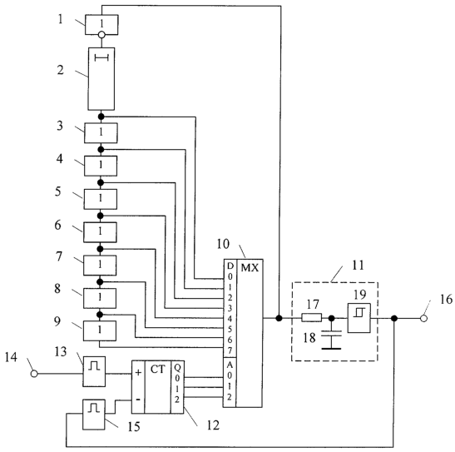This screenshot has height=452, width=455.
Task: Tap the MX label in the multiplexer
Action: coord(250,268)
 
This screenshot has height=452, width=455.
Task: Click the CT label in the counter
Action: coord(157,370)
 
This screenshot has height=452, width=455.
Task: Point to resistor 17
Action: coord(312,318)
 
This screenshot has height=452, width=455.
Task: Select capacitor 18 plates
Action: coord(331,333)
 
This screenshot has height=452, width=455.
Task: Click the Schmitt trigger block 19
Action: coord(359,318)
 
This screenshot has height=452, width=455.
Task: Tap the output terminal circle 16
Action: coord(423,319)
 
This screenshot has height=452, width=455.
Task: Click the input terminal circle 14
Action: coord(34,374)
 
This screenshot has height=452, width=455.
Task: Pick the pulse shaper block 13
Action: coord(94,371)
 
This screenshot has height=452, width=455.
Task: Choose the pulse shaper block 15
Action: coord(94,415)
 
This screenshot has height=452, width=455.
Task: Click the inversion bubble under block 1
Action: coord(101,35)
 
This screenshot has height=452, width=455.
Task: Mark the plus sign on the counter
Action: coord(138,372)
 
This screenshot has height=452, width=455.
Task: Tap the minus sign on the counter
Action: coord(138,400)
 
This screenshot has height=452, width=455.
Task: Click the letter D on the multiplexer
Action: coord(230,266)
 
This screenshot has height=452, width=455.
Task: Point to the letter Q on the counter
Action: coord(177,368)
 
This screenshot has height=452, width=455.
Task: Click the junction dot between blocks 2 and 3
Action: coord(101,117)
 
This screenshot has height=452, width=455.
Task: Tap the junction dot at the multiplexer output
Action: coord(279,318)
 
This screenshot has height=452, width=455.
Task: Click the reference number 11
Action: coord(358,266)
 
